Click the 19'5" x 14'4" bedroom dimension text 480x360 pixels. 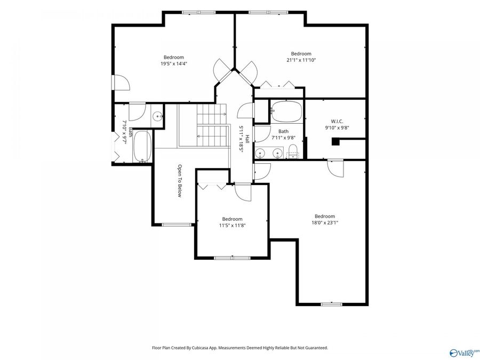[173, 63]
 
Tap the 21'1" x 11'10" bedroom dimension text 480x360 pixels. [301, 60]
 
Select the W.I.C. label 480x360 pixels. [337, 121]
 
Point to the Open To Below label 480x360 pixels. [180, 181]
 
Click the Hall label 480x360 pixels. [247, 139]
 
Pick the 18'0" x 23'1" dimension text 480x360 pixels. [325, 223]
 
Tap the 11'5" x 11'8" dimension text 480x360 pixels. [233, 226]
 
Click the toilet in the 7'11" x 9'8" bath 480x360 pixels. [293, 151]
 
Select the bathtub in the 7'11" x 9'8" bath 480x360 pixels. [286, 112]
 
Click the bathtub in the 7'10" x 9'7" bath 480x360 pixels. [142, 146]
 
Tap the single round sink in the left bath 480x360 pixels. [158, 116]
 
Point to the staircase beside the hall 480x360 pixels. [213, 125]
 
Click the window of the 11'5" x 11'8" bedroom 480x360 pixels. [233, 258]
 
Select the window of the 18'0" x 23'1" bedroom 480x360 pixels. [332, 305]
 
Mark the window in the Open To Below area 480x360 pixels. [177, 225]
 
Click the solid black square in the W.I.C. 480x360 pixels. [336, 142]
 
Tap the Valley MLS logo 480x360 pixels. [465, 353]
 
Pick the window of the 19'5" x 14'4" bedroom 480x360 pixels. [199, 12]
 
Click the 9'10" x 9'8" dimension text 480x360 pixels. [337, 127]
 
